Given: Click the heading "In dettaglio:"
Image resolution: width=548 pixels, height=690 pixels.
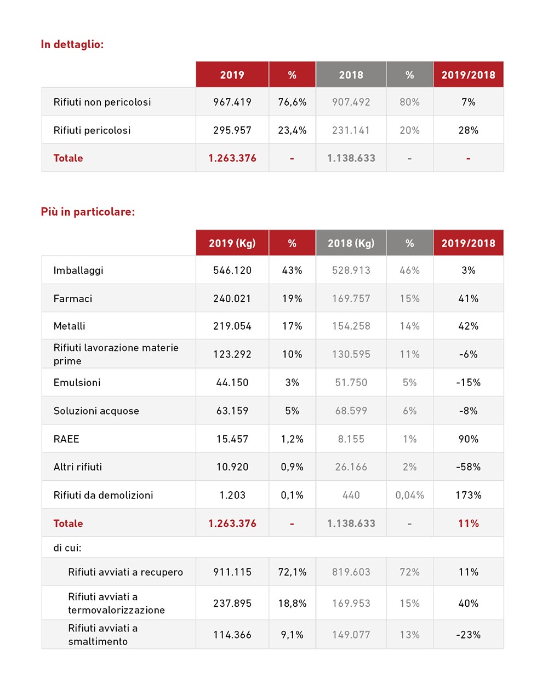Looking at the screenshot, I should [x=72, y=44].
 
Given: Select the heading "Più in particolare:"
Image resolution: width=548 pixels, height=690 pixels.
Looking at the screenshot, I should [x=88, y=212].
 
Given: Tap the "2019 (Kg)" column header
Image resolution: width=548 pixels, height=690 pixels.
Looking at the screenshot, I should [x=232, y=243].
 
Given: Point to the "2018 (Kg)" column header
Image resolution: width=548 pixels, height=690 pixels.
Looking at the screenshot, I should [x=351, y=243].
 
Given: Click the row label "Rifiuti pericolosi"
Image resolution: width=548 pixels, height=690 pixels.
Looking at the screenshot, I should [x=92, y=130].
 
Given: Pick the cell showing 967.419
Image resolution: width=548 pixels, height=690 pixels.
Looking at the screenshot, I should [x=232, y=102].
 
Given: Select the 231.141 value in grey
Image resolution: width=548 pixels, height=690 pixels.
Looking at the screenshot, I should [x=351, y=130].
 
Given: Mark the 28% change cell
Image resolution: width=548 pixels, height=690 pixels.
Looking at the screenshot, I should [x=468, y=130].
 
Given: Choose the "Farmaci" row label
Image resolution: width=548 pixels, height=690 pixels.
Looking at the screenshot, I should [x=73, y=298].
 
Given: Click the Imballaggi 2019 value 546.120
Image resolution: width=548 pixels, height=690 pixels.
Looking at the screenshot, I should [x=232, y=270].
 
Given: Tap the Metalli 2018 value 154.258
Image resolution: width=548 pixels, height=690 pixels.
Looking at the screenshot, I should [x=351, y=326].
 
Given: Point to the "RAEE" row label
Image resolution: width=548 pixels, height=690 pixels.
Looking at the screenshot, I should [x=66, y=439].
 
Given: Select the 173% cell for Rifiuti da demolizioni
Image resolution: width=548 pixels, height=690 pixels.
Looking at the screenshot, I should [x=468, y=495].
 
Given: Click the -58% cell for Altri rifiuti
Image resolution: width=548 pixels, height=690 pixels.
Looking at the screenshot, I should [x=468, y=467].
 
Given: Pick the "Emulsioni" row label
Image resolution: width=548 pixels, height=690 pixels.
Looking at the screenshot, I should [x=77, y=382].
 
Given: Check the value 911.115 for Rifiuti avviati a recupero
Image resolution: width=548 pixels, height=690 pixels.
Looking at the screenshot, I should [x=232, y=572].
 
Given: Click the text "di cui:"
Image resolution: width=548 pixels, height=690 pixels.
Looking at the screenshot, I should [x=67, y=547].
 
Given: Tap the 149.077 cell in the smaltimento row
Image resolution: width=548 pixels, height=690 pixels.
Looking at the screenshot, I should [x=351, y=635].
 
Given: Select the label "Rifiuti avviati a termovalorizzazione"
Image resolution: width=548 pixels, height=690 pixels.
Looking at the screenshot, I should [x=116, y=603].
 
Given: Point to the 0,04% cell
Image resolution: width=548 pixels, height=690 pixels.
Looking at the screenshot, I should [x=409, y=495].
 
